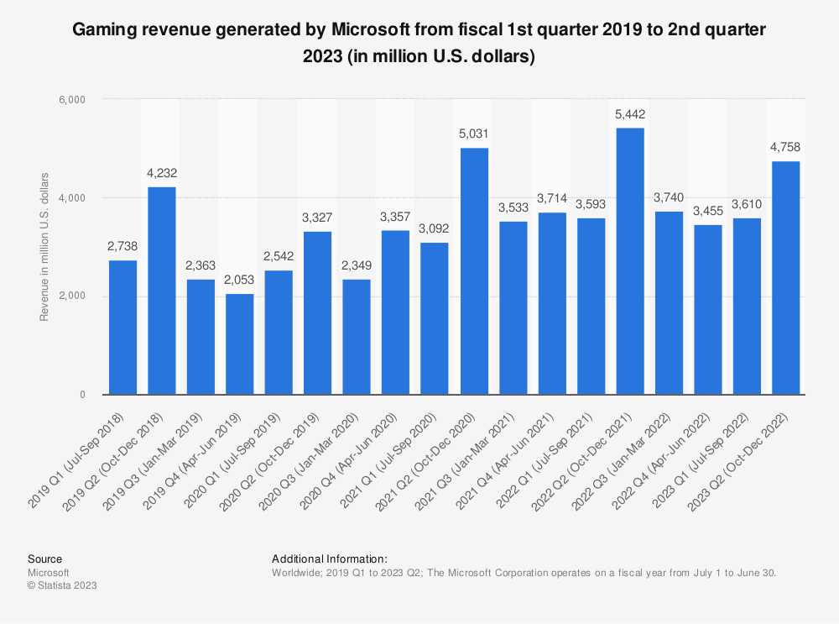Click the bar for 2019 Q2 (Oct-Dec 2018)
click(x=162, y=291)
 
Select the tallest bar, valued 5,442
click(x=630, y=261)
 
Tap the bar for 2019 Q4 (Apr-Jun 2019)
click(x=240, y=344)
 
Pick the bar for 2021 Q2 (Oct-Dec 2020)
click(x=474, y=271)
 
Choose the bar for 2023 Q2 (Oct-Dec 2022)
click(x=786, y=278)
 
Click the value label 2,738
click(x=122, y=246)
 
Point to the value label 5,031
click(x=474, y=134)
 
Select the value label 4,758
click(x=786, y=147)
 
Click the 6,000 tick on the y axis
click(x=75, y=99)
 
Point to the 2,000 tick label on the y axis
click(x=75, y=296)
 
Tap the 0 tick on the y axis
click(x=83, y=395)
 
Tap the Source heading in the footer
click(x=44, y=558)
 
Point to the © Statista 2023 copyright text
click(x=62, y=585)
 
